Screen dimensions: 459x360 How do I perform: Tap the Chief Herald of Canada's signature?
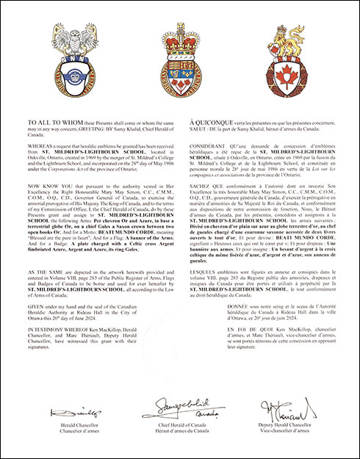[x=181, y=406]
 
